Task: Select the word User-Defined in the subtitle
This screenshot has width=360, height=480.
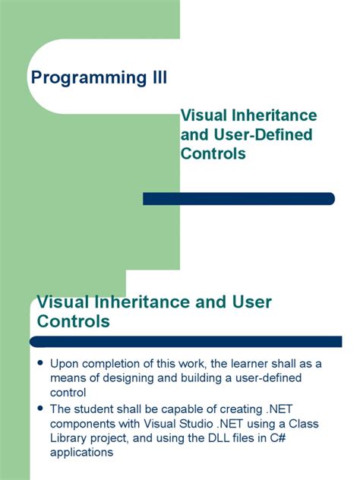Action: point(258,134)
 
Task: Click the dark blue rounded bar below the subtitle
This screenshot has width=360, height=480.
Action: point(238,198)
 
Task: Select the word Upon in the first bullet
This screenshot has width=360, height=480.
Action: point(65,363)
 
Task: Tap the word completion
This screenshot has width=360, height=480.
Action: point(115,363)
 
